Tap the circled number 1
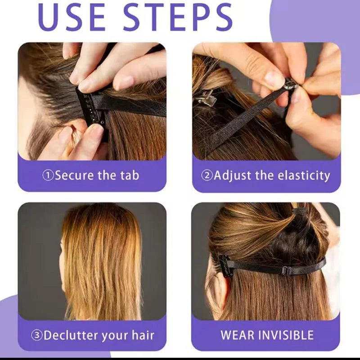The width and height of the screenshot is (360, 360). [x=48, y=175]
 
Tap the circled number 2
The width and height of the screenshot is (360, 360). [x=207, y=175]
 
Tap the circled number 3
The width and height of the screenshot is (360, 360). [x=37, y=336]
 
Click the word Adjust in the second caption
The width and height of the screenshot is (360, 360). [x=233, y=175]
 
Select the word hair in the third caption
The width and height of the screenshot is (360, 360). [x=143, y=335]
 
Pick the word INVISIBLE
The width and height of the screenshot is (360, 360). [x=286, y=335]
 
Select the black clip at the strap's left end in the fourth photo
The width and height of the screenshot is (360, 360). [x=224, y=265]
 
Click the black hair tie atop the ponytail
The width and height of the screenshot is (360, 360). [x=300, y=211]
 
